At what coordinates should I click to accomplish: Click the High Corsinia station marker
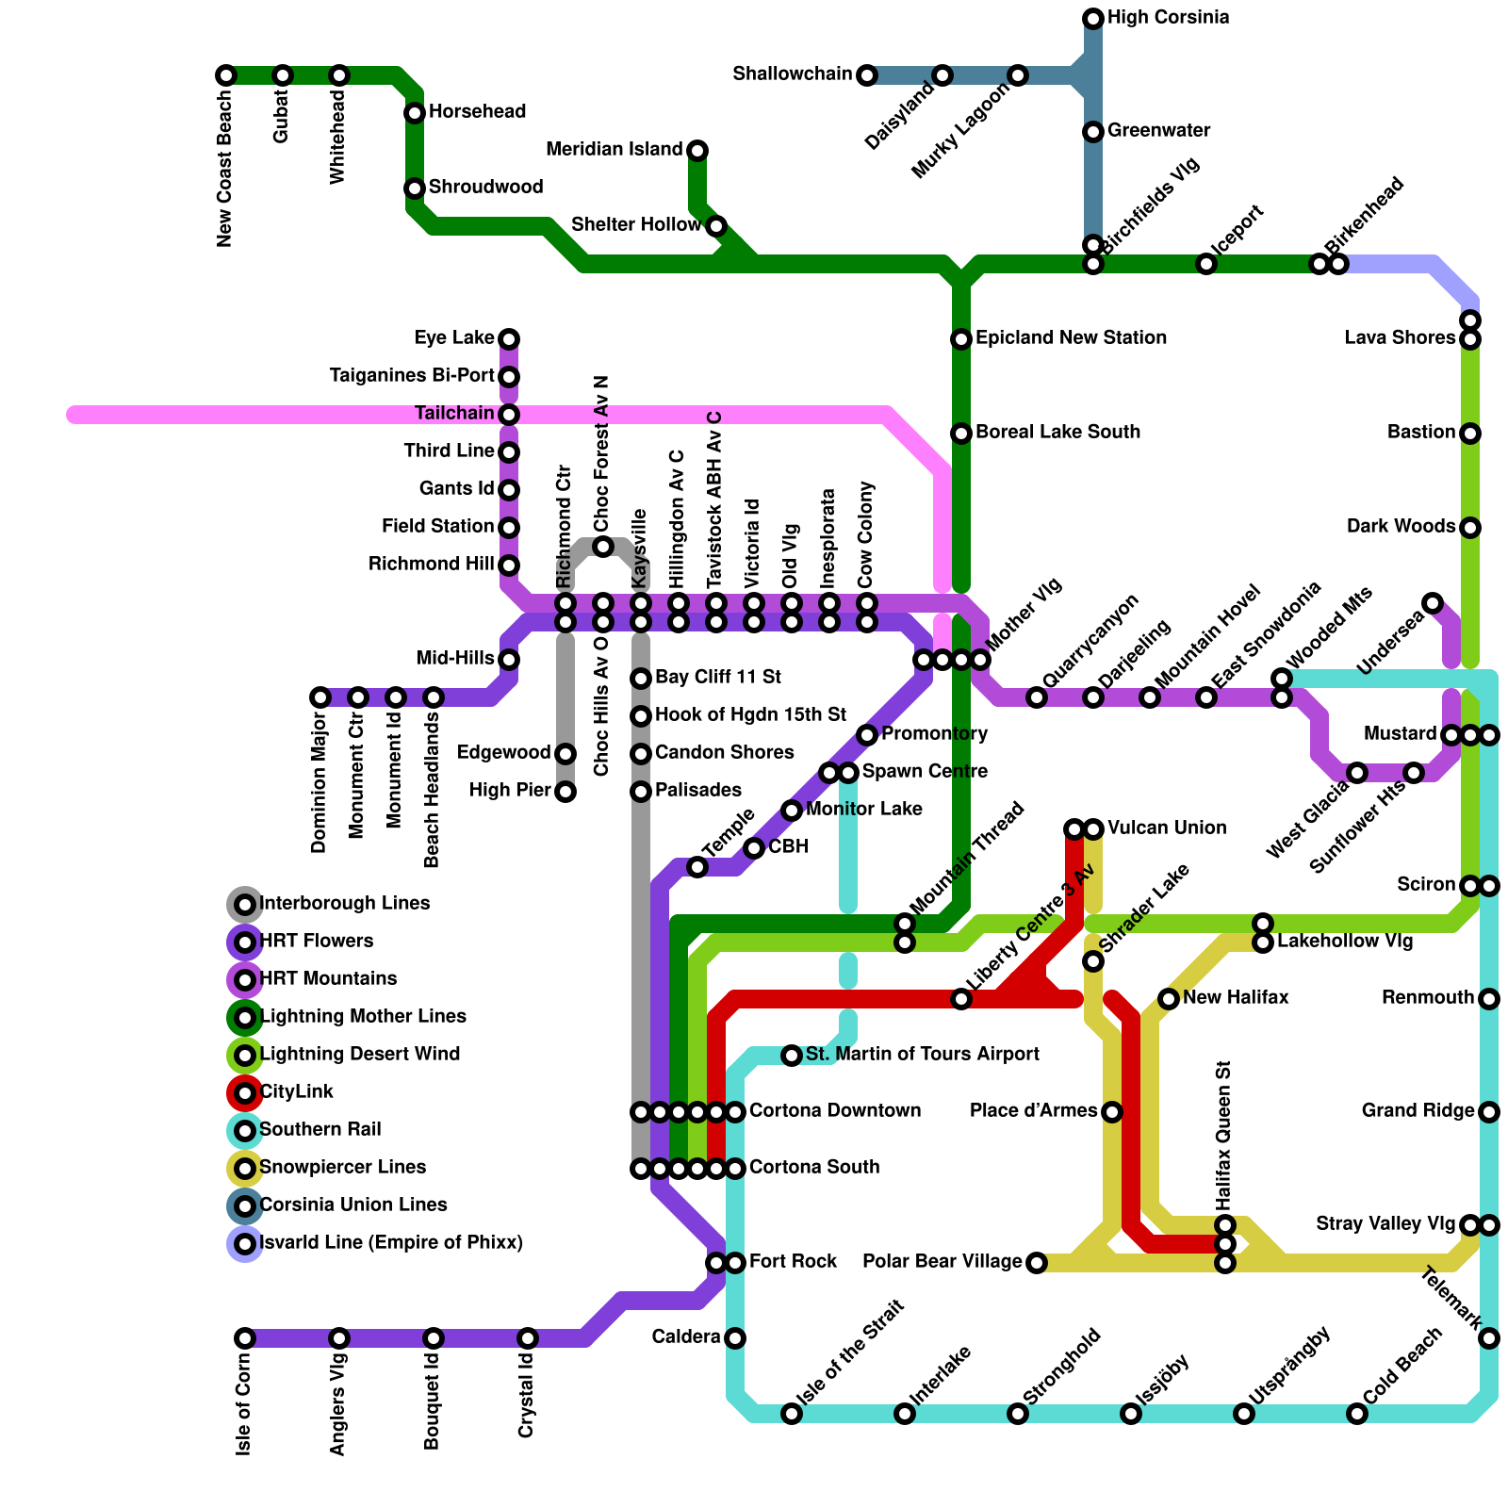pyautogui.click(x=1093, y=19)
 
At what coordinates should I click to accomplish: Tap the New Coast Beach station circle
pyautogui.click(x=226, y=75)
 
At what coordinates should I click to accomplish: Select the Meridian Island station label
pyautogui.click(x=614, y=150)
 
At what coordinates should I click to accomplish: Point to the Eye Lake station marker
pyautogui.click(x=509, y=339)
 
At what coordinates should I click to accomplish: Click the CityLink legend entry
pyautogui.click(x=296, y=1092)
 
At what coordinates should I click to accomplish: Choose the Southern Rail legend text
pyautogui.click(x=320, y=1130)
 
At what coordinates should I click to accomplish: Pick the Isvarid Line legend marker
pyautogui.click(x=245, y=1244)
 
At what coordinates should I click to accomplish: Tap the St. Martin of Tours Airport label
pyautogui.click(x=922, y=1055)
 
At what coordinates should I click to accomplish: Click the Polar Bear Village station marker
pyautogui.click(x=1037, y=1263)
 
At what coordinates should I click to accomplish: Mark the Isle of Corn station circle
pyautogui.click(x=245, y=1338)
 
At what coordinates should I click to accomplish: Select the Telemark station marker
pyautogui.click(x=1489, y=1338)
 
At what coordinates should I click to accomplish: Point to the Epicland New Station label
pyautogui.click(x=1071, y=338)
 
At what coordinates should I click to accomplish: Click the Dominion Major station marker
pyautogui.click(x=320, y=697)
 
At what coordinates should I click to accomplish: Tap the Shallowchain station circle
pyautogui.click(x=867, y=75)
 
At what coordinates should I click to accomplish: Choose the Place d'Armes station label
pyautogui.click(x=1033, y=1111)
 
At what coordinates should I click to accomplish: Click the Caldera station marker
pyautogui.click(x=735, y=1338)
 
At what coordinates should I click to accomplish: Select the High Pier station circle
pyautogui.click(x=565, y=792)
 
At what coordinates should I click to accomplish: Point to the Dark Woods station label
pyautogui.click(x=1401, y=527)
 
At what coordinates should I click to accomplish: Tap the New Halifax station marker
pyautogui.click(x=1169, y=999)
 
